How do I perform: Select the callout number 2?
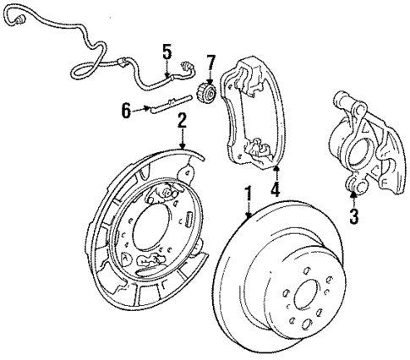coord(181,123)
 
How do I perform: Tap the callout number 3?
coord(353,216)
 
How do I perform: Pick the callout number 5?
coord(167,52)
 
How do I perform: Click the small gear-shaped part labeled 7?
coord(205,90)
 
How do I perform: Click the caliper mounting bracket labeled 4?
coord(251,110)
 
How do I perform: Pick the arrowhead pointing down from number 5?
coord(167,71)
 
